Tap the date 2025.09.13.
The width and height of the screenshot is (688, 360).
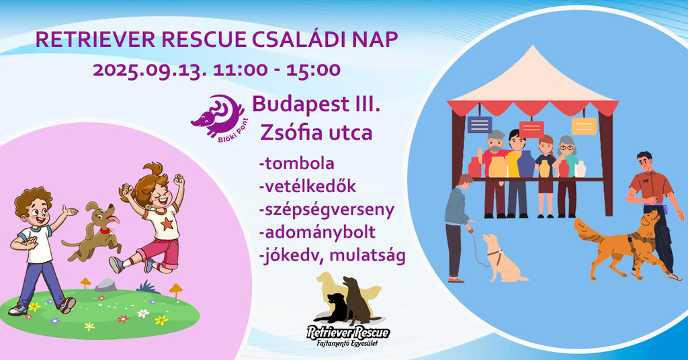150,70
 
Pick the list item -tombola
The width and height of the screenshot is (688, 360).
296,163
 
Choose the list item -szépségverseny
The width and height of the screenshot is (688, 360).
327,210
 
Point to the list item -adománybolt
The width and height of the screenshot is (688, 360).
317,232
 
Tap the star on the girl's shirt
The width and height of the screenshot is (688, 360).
167,224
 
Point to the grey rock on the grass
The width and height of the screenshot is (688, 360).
105,285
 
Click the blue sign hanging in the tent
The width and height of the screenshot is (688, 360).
480,124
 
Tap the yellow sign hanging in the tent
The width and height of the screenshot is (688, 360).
584,126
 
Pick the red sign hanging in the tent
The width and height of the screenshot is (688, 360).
531,130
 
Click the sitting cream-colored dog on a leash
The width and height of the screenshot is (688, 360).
503,259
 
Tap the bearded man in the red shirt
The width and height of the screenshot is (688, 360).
494,173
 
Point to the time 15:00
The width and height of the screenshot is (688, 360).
313,70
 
